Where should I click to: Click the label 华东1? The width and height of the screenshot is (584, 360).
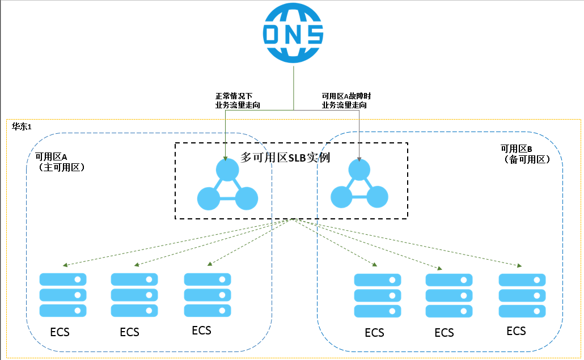[22, 126]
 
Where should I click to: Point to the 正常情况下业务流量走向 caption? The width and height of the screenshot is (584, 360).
[238, 100]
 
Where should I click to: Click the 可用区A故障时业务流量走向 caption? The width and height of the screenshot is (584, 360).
[346, 100]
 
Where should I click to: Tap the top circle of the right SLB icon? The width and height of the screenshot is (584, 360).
[359, 170]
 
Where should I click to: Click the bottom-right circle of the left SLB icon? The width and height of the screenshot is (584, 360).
[246, 198]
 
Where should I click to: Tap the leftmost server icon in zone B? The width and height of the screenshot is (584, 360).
[377, 295]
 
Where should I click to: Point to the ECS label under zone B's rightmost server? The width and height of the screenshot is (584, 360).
[516, 331]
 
